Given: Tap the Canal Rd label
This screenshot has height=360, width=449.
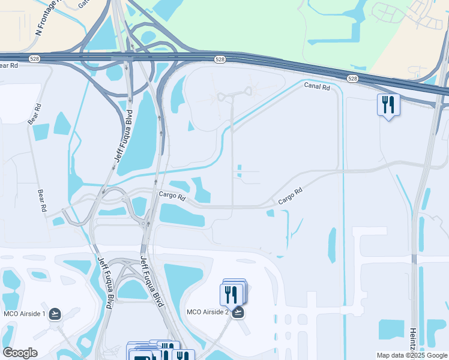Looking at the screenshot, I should coord(317,87).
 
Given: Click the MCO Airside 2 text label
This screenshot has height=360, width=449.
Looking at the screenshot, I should coord(207,311).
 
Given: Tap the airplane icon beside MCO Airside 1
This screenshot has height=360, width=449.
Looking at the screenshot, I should coord(55,313).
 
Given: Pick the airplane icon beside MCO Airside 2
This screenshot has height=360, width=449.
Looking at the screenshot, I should coord(238,312).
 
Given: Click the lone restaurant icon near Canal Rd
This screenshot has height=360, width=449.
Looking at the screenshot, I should coord(388,106).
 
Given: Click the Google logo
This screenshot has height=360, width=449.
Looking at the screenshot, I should coord(20,353).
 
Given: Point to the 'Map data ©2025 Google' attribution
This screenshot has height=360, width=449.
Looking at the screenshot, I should coord(412,355).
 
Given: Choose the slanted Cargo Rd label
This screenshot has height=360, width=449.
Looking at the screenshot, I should coord(289,196).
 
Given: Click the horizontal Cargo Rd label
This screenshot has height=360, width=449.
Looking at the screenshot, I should coord(172,195).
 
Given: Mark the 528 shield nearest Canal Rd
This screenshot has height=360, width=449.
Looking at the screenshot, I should coord(352,79).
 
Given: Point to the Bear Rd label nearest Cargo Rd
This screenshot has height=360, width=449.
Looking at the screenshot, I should coord(43,201).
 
